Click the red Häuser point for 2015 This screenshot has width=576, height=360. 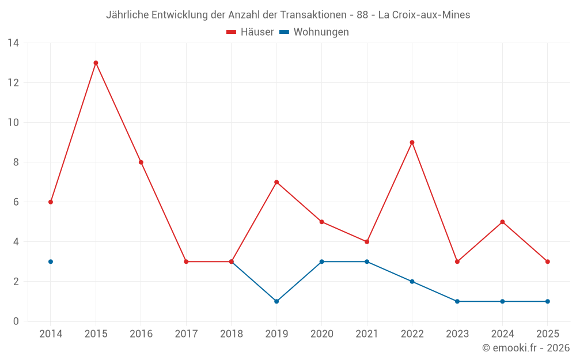coord(96,63)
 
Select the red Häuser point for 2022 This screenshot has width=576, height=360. coord(412,142)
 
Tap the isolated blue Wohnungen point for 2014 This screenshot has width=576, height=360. coord(51,262)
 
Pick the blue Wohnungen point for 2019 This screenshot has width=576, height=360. coord(276,301)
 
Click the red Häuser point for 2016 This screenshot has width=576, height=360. coord(141,162)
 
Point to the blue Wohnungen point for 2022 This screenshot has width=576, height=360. coord(412,282)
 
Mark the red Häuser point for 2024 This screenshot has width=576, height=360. coord(502,222)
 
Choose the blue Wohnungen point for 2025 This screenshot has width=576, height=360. coord(547,301)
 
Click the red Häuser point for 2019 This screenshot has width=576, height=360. coord(276,182)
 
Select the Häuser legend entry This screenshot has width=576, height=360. coord(250,32)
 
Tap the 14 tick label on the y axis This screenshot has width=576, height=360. coord(13,43)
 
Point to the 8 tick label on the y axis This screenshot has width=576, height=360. coord(16,162)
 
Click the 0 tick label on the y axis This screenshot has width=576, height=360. coord(16,321)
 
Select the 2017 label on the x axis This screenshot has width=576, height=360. coord(186,334)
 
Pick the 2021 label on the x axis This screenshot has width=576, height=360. coord(367,334)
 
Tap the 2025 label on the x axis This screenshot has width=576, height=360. coord(547,334)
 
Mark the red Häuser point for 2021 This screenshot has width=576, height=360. coord(367,242)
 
